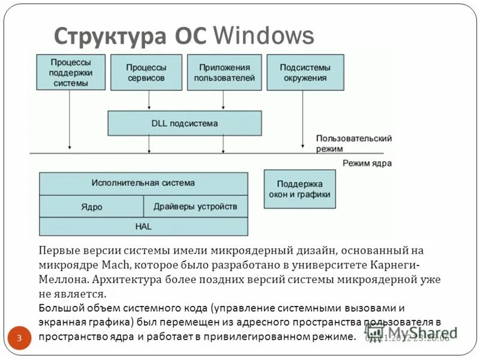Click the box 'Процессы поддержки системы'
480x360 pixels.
(70, 73)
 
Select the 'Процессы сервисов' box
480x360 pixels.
(146, 73)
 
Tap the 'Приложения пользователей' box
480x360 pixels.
(224, 73)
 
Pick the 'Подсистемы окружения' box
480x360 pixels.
(305, 73)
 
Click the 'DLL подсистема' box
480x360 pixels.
(184, 123)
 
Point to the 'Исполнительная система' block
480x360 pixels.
(143, 183)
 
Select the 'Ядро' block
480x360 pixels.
(91, 206)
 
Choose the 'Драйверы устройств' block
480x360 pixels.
(195, 206)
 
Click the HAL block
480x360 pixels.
(143, 226)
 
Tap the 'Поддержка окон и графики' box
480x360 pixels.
(300, 189)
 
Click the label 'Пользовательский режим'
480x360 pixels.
(354, 143)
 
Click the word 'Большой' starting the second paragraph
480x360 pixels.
(59, 308)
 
